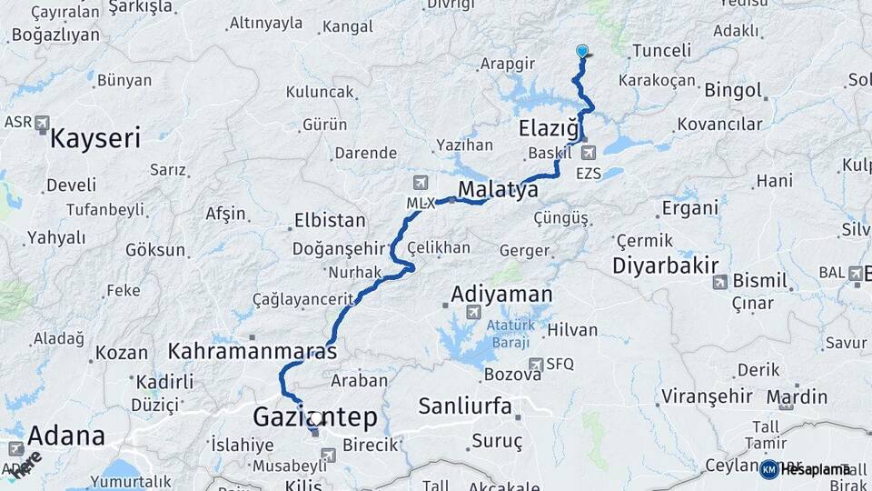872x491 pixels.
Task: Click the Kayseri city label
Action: pyautogui.click(x=95, y=138)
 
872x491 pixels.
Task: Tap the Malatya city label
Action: pyautogui.click(x=498, y=189)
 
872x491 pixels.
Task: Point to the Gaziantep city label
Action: pyautogui.click(x=314, y=417)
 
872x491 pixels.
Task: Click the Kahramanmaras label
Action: pyautogui.click(x=253, y=350)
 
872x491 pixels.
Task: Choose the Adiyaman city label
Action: pyautogui.click(x=501, y=294)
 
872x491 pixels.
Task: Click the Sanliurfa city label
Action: pyautogui.click(x=465, y=406)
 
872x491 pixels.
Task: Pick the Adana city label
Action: pyautogui.click(x=65, y=436)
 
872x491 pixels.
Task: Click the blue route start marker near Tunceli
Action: pyautogui.click(x=582, y=52)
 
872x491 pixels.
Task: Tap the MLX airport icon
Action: pyautogui.click(x=419, y=182)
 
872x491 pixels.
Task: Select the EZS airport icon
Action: pyautogui.click(x=589, y=153)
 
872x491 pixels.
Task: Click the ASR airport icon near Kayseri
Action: pyautogui.click(x=42, y=123)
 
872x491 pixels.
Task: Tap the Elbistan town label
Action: pyautogui.click(x=329, y=220)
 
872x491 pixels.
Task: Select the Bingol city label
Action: pyautogui.click(x=732, y=90)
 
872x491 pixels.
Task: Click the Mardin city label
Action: pyautogui.click(x=797, y=396)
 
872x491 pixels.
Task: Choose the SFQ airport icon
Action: pyautogui.click(x=538, y=364)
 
